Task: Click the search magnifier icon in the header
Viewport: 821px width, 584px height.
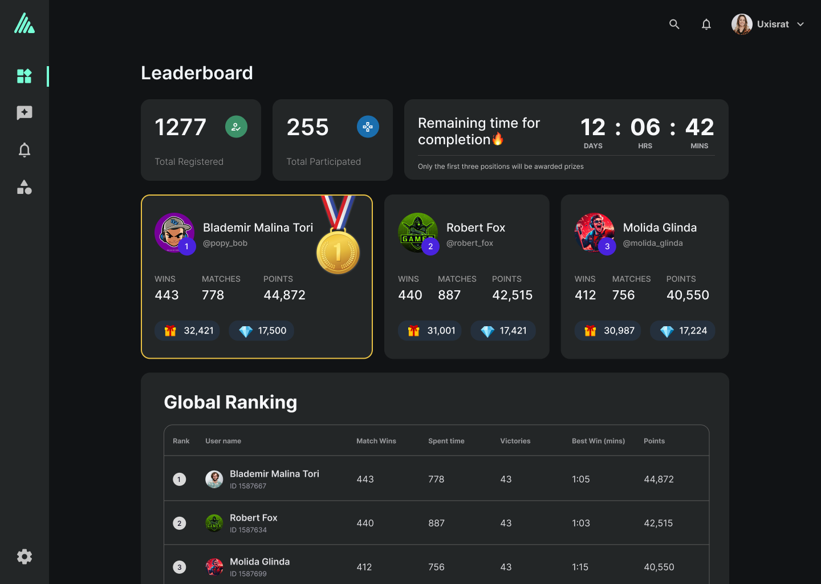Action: tap(674, 24)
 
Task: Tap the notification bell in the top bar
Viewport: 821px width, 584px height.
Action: tap(706, 24)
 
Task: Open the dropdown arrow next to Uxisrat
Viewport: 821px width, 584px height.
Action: tap(800, 24)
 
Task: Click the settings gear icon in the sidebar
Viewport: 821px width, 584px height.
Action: tap(25, 557)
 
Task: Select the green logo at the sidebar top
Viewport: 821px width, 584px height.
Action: tap(25, 23)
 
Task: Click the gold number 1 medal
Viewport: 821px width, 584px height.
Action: tap(338, 252)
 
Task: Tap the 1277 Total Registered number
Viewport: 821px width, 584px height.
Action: tap(181, 127)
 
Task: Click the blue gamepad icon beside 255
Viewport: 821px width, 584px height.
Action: tap(368, 127)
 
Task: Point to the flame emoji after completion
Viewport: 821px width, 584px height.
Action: tap(498, 139)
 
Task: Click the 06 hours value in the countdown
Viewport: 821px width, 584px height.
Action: tap(645, 127)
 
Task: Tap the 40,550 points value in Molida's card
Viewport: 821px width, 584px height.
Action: tap(688, 295)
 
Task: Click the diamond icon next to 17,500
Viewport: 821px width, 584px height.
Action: tap(246, 331)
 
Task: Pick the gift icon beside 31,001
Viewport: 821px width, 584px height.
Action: tap(414, 331)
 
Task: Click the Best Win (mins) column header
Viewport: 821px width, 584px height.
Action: tap(598, 441)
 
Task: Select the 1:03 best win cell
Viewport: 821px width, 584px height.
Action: tap(581, 523)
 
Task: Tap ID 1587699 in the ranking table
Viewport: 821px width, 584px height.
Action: tap(248, 574)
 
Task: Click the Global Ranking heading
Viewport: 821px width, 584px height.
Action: tap(230, 402)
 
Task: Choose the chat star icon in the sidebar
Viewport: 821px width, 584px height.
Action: tap(25, 113)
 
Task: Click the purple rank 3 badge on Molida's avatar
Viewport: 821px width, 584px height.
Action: tap(607, 246)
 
